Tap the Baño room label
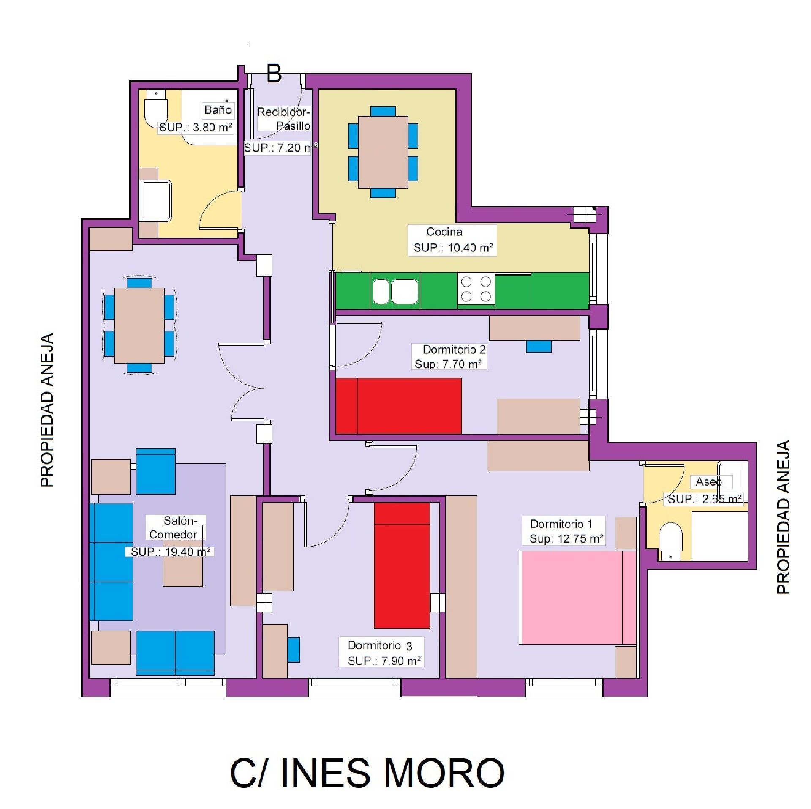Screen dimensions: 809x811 218,110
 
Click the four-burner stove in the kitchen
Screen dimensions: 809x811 476,289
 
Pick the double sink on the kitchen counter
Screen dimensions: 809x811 395,291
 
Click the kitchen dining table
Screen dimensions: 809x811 383,152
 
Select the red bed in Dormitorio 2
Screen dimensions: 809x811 398,405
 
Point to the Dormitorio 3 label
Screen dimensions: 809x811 380,645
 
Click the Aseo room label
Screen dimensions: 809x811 708,482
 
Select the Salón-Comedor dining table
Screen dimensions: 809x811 139,325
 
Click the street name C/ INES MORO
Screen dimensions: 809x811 367,773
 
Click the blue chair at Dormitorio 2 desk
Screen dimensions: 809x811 538,347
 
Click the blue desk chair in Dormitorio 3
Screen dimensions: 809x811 293,650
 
